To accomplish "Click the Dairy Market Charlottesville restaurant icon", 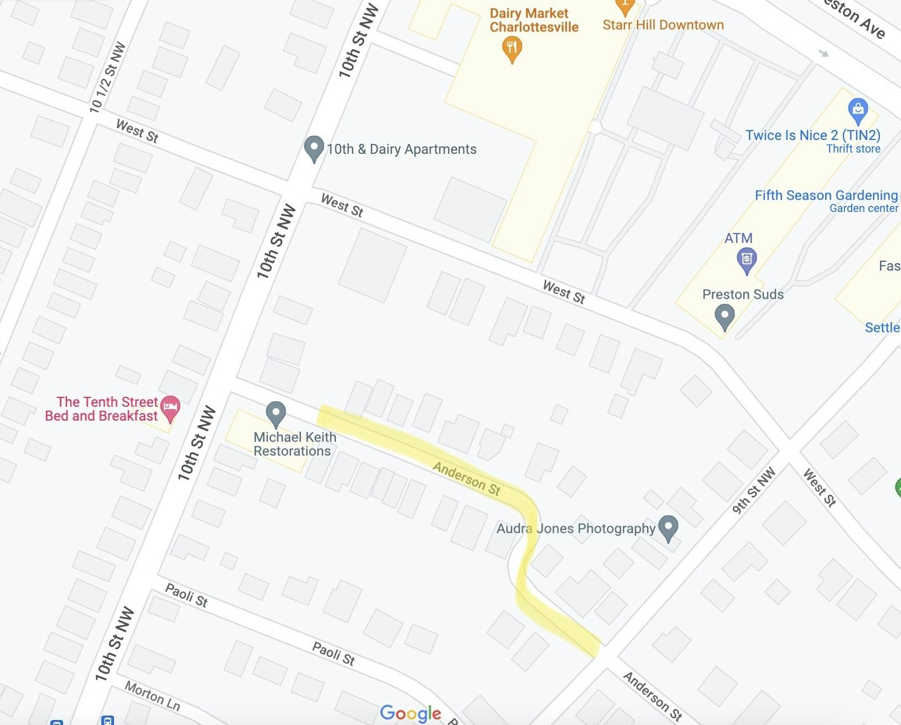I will pyautogui.click(x=512, y=48).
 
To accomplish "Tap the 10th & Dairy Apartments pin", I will pyautogui.click(x=314, y=148).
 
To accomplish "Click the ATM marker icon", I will pyautogui.click(x=747, y=259).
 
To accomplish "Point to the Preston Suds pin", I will pyautogui.click(x=724, y=317).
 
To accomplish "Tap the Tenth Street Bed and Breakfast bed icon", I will pyautogui.click(x=170, y=408).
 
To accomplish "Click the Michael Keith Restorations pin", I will pyautogui.click(x=276, y=413).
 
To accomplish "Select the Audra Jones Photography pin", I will pyautogui.click(x=669, y=527).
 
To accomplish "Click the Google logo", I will pyautogui.click(x=411, y=713).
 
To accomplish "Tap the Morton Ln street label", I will pyautogui.click(x=152, y=696).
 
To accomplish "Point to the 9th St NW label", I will pyautogui.click(x=754, y=491).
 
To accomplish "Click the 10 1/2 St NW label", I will pyautogui.click(x=107, y=78).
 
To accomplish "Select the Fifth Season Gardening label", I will pyautogui.click(x=826, y=195).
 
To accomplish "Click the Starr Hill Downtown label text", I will pyautogui.click(x=663, y=25).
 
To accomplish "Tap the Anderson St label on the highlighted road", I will pyautogui.click(x=467, y=478).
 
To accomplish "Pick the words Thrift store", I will pyautogui.click(x=853, y=149).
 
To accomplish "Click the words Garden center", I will pyautogui.click(x=863, y=209).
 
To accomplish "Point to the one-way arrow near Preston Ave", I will pyautogui.click(x=824, y=54).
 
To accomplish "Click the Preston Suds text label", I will pyautogui.click(x=743, y=294).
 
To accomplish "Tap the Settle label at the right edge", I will pyautogui.click(x=882, y=328).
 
